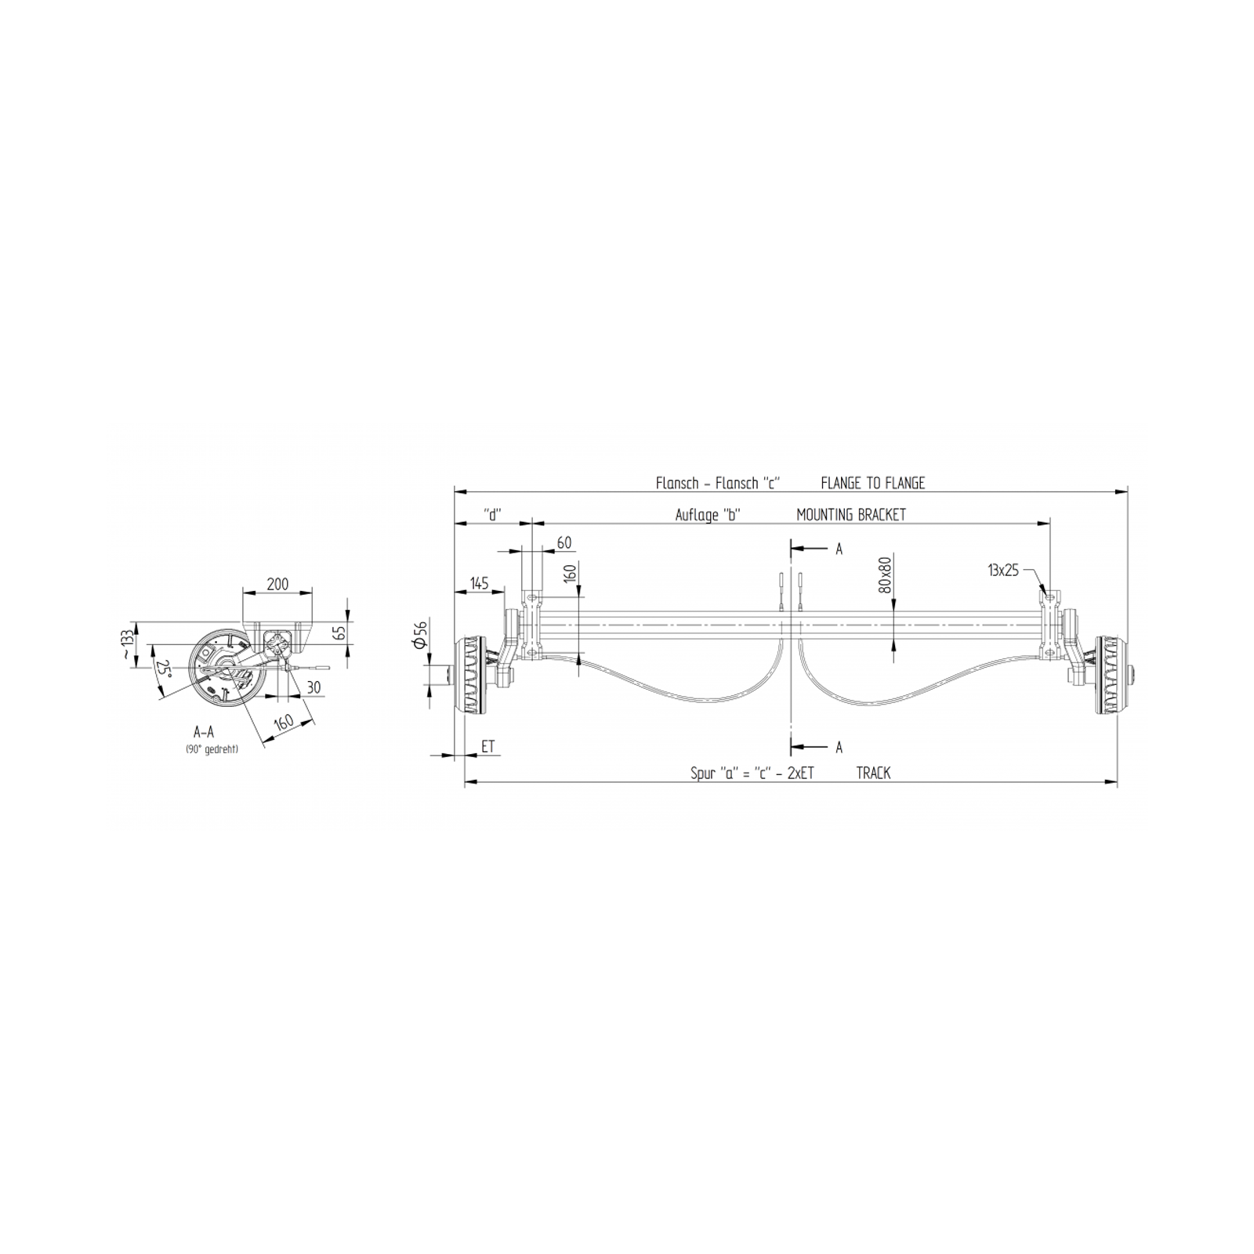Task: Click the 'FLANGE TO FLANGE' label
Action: pos(872,484)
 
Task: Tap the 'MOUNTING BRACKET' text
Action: pos(851,515)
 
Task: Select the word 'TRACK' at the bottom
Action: pos(873,774)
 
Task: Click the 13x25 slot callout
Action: pos(1003,571)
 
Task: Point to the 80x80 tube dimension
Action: pos(886,574)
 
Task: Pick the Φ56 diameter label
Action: pos(420,634)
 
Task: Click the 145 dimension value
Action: pos(479,584)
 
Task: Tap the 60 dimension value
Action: pos(564,543)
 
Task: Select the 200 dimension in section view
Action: pos(277,584)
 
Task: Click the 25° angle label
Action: pos(163,669)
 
